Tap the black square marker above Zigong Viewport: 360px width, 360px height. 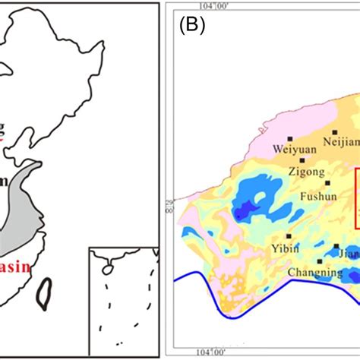pos(302,160)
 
